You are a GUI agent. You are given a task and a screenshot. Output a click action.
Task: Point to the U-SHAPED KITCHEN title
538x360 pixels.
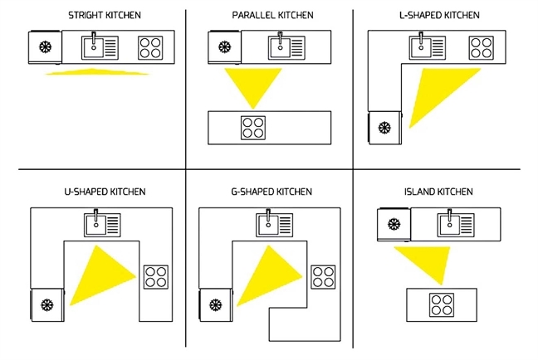pyautogui.click(x=105, y=192)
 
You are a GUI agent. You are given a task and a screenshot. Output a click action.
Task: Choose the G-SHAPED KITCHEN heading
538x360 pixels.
pyautogui.click(x=271, y=192)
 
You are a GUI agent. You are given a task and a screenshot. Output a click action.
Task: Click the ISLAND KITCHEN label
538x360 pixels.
pyautogui.click(x=440, y=192)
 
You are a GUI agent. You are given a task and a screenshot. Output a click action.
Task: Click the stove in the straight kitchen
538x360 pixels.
pyautogui.click(x=150, y=46)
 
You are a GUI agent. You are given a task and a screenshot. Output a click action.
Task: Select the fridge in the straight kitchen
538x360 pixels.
pyautogui.click(x=45, y=46)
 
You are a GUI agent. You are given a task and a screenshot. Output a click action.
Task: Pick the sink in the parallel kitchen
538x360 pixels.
pyautogui.click(x=281, y=46)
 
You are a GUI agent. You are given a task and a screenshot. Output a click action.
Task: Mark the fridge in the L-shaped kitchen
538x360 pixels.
pyautogui.click(x=384, y=128)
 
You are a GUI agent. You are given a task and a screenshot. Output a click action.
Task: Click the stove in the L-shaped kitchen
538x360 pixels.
pyautogui.click(x=480, y=46)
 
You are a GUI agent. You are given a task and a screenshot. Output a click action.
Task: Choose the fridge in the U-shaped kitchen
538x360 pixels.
pyautogui.click(x=46, y=304)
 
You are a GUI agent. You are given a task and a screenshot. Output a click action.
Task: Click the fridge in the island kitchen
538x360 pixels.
pyautogui.click(x=392, y=223)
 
